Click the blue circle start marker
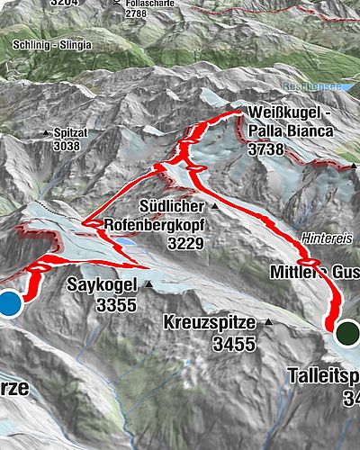(x=8, y=303)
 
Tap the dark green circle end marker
(x=348, y=333)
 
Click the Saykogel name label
(x=103, y=286)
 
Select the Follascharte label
(x=147, y=4)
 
